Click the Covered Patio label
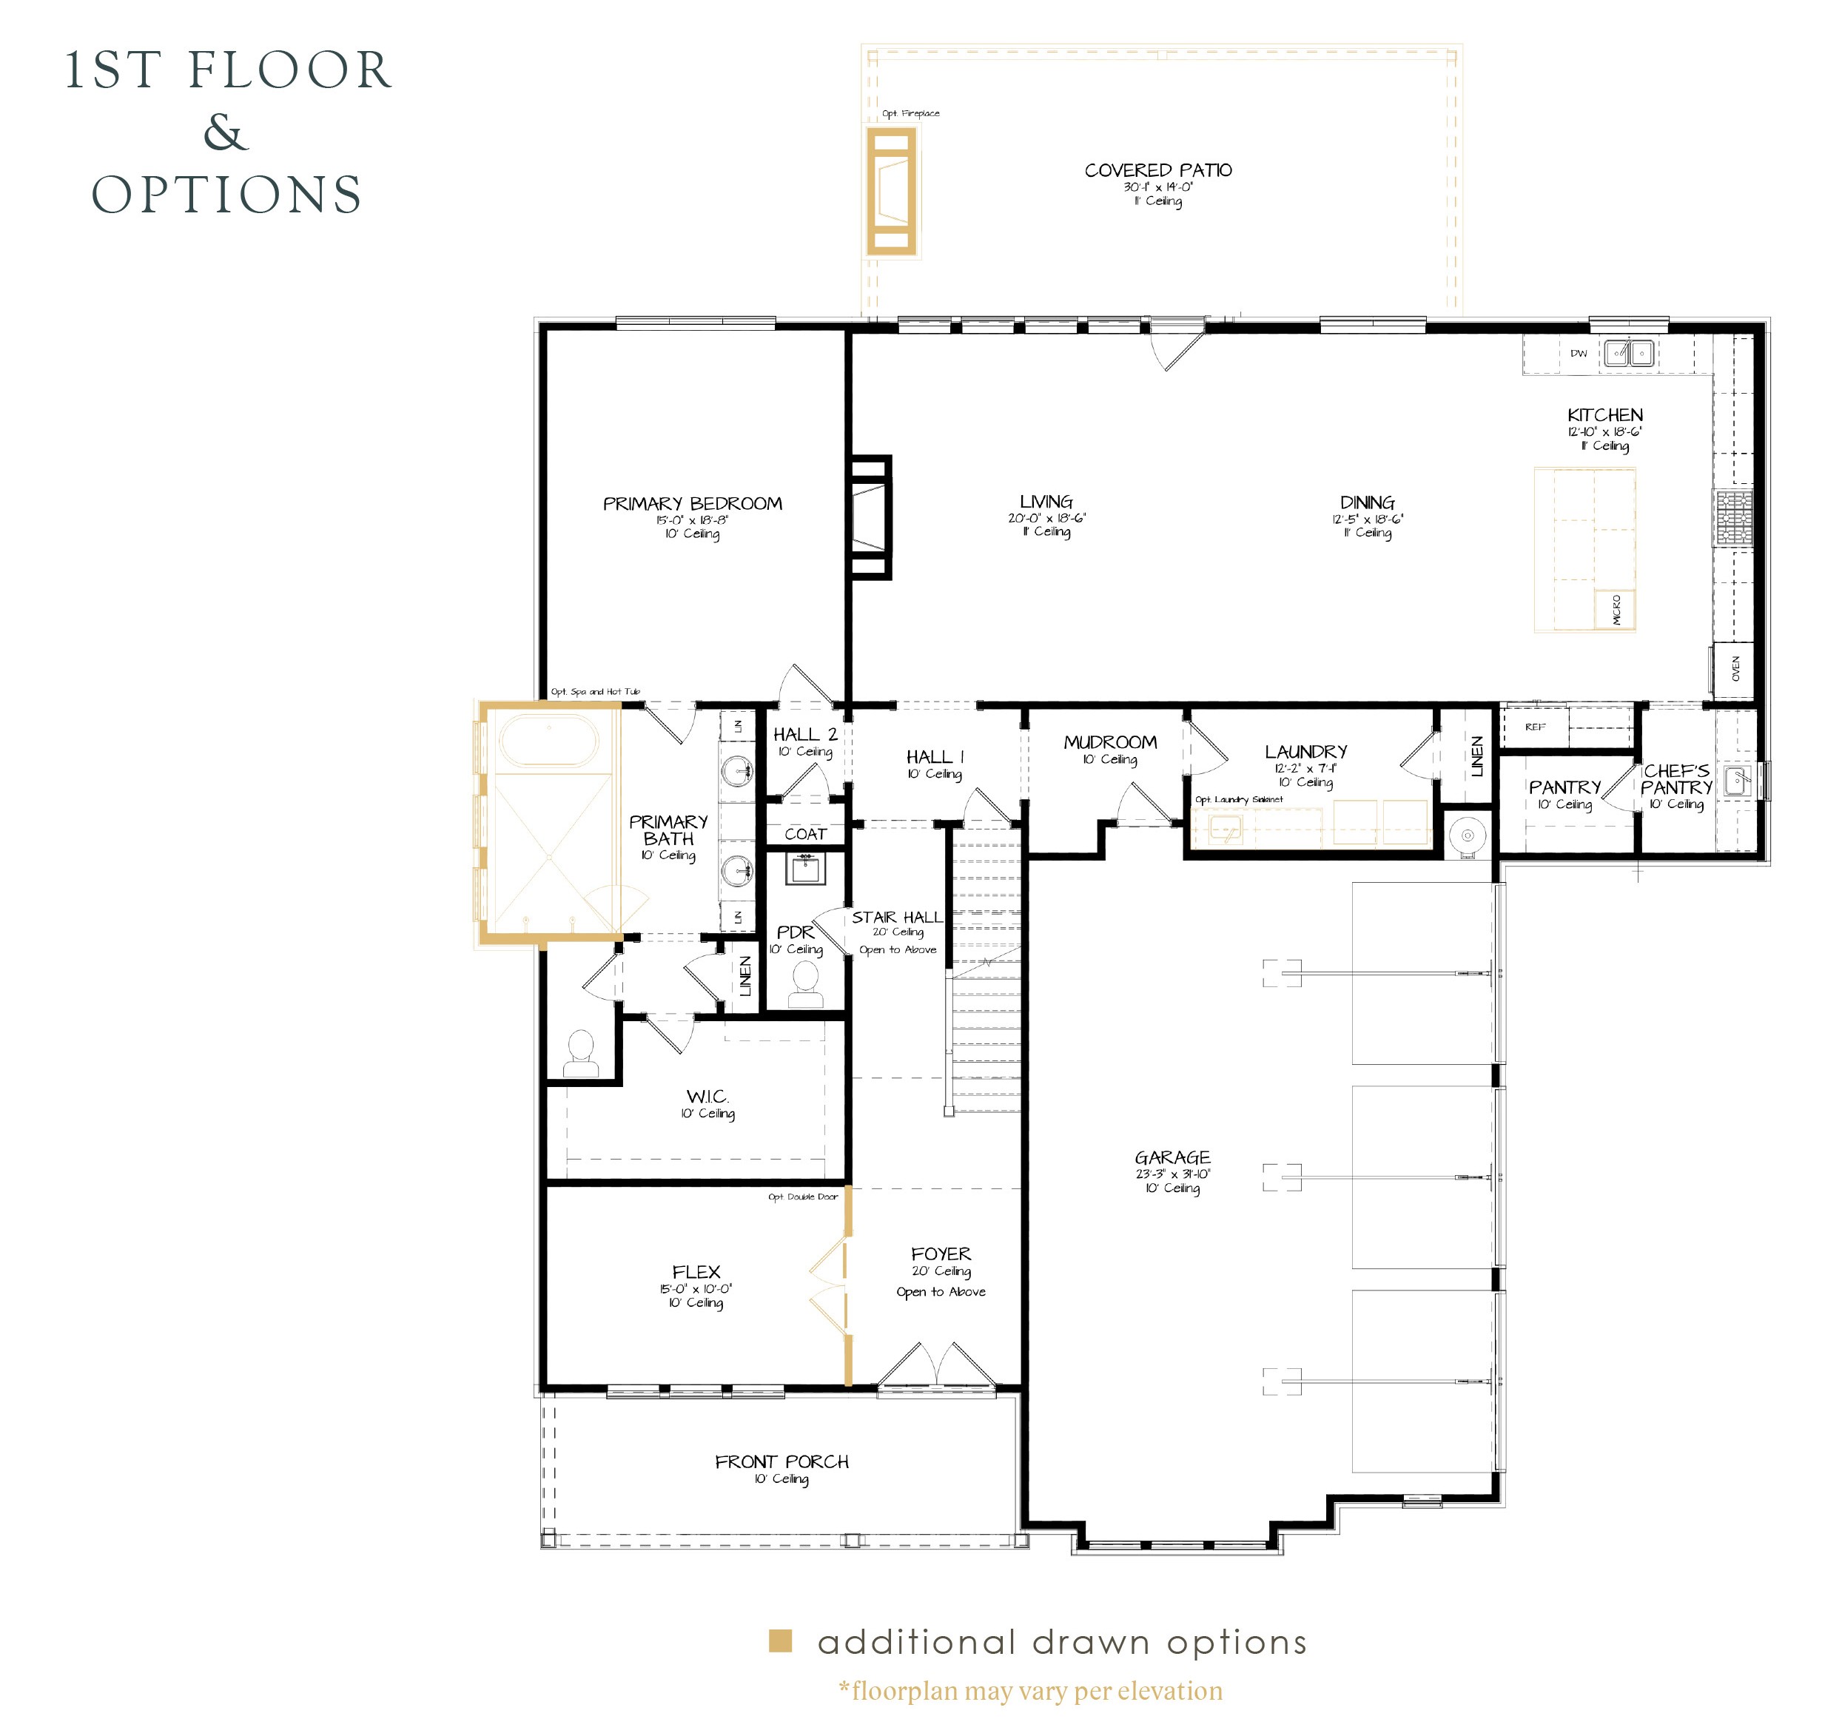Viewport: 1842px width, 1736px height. pos(1158,170)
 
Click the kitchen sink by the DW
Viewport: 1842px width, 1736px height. pos(1629,353)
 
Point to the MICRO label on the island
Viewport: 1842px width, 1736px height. pos(1617,610)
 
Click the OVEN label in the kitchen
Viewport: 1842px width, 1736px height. pos(1735,668)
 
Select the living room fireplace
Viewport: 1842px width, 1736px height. pos(870,518)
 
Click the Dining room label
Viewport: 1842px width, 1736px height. pos(1368,503)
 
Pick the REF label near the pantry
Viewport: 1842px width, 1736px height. pos(1536,727)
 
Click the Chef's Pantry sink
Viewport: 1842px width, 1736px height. pos(1738,779)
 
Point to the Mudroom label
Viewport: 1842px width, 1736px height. pos(1110,742)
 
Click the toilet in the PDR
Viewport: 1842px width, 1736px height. pos(805,983)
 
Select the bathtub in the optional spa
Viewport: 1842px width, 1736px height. pos(548,740)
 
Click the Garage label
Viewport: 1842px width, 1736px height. pos(1172,1157)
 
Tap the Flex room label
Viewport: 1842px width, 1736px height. pos(696,1272)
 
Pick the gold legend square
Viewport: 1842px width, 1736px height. pos(780,1641)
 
